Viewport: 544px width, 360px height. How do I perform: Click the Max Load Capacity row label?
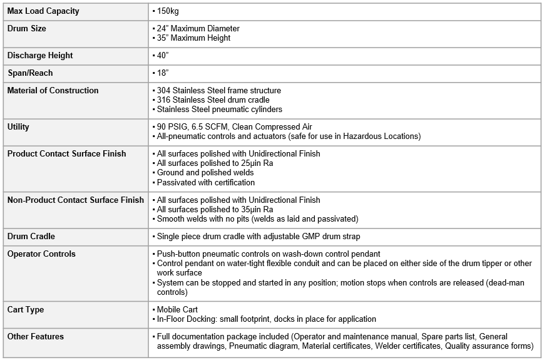point(43,11)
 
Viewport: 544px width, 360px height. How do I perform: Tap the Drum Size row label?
point(26,29)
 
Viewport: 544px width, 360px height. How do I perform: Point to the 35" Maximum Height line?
point(193,38)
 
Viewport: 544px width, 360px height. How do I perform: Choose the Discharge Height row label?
point(40,56)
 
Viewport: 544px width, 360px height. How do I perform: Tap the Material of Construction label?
point(53,91)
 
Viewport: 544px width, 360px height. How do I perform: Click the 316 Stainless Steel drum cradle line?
point(213,100)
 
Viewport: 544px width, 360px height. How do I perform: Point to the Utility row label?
point(18,127)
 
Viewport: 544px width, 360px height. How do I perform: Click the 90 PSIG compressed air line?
point(234,127)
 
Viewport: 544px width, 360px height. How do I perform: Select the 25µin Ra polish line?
point(216,163)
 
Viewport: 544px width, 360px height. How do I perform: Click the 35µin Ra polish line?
point(216,210)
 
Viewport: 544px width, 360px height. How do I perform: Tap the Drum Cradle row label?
point(31,237)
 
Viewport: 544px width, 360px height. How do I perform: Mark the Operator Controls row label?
point(41,254)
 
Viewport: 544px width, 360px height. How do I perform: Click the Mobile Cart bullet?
point(177,310)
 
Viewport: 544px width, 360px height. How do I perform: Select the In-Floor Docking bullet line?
point(266,319)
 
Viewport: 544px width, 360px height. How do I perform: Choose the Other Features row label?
point(36,337)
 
